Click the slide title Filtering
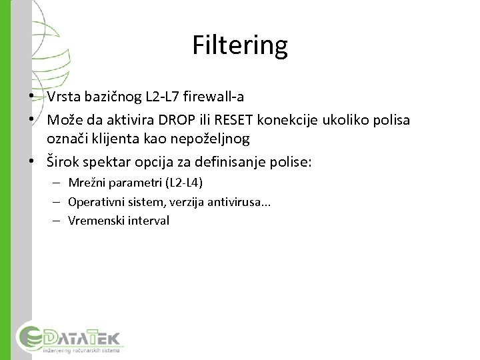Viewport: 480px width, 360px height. pos(240,45)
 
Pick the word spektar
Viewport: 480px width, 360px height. pos(109,161)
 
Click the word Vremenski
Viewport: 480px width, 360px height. pos(94,220)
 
